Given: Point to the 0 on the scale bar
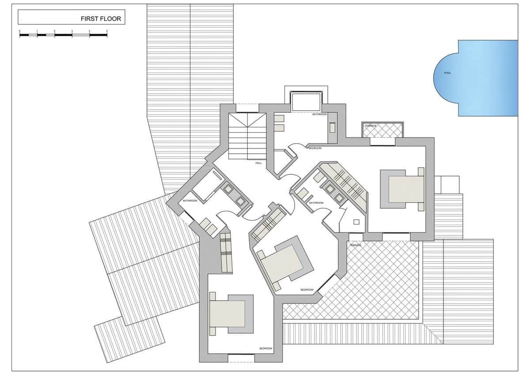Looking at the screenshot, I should click(x=20, y=31).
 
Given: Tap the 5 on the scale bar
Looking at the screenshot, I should click(x=107, y=31).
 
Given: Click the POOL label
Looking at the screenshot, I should click(x=447, y=73).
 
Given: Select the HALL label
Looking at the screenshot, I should click(x=259, y=163).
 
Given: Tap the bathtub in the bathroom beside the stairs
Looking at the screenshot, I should click(x=306, y=102).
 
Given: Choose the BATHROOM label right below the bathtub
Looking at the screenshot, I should click(x=319, y=115).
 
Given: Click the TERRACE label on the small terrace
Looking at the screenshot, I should click(x=370, y=126).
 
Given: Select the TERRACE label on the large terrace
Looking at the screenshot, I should click(x=356, y=245).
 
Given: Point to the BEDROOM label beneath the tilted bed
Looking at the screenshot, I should click(x=307, y=290).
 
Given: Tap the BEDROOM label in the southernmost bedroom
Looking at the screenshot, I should click(x=265, y=348).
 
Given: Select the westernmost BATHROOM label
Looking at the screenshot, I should click(x=190, y=201).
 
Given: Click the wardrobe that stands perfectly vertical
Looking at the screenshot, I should click(x=225, y=253).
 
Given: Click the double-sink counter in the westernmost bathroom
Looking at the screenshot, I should click(x=234, y=195).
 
